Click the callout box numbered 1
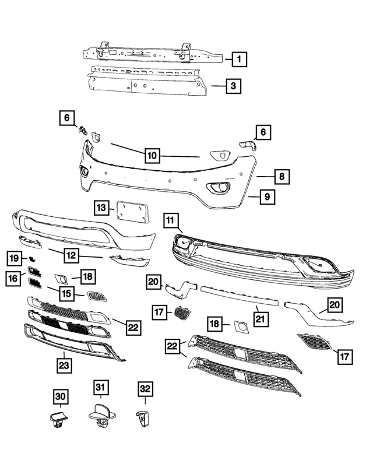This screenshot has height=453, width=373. point(239,59)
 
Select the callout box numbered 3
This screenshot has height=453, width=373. point(232,87)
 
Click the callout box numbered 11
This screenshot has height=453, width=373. point(170,220)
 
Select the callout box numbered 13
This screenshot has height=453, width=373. point(101,207)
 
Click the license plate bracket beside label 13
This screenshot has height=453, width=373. point(133,211)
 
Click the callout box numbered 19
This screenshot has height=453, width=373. point(15,257)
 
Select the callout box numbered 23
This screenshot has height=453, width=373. point(64,366)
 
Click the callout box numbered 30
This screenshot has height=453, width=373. point(61,398)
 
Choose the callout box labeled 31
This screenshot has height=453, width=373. point(100,387)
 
